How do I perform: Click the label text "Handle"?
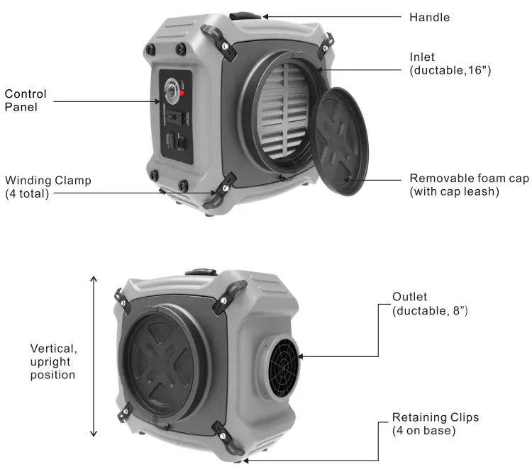429,17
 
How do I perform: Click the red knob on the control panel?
182,93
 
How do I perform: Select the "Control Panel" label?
26,100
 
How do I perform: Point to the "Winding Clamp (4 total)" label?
48,187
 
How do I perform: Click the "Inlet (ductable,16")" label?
450,63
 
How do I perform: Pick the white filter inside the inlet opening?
287,110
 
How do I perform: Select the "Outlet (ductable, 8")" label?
428,303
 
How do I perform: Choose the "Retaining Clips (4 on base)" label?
435,424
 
